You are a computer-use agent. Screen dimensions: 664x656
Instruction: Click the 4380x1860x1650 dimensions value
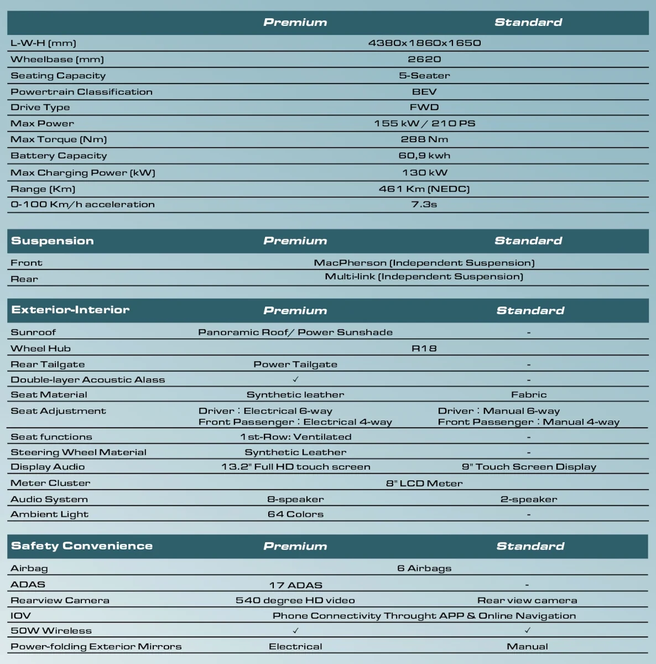pos(424,43)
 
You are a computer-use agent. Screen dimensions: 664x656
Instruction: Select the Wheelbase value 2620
pos(424,59)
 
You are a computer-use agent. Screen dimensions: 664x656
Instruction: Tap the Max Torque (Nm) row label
pos(59,139)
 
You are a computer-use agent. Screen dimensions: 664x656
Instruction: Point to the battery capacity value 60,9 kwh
pos(424,156)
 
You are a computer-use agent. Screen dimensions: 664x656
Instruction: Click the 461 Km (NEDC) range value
pos(424,189)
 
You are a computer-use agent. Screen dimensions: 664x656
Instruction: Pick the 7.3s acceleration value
pos(424,205)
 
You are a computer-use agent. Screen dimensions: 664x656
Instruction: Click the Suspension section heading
pos(53,241)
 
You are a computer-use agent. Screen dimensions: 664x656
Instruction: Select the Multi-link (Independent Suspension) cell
pos(424,277)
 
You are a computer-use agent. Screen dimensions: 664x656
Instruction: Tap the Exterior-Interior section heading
pos(70,310)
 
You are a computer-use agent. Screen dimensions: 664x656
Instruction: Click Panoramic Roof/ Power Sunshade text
pos(295,332)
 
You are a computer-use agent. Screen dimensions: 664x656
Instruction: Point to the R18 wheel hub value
pos(424,349)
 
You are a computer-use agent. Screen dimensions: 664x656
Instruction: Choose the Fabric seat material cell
pos(529,395)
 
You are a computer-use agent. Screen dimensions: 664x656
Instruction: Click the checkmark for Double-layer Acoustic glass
pos(296,380)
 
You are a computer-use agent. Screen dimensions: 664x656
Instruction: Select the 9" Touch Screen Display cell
pos(529,467)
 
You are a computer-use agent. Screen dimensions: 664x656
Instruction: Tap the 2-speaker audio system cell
pos(529,499)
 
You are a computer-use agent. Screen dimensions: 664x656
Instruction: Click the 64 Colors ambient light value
pos(295,515)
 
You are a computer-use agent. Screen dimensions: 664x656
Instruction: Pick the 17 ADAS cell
pos(295,585)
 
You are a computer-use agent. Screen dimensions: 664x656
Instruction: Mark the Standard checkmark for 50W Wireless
pos(528,630)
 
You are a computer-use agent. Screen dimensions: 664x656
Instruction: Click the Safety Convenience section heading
pos(82,546)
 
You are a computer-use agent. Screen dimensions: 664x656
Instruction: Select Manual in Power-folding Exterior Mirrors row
pos(528,646)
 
